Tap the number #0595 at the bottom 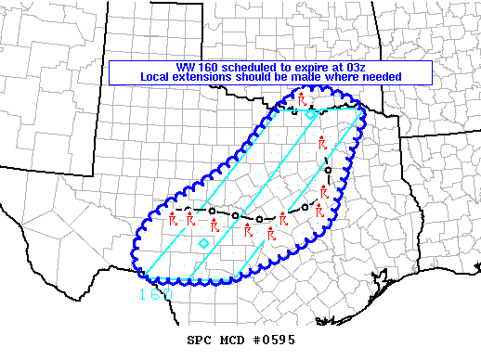coord(270,341)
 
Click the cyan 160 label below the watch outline coord(154,295)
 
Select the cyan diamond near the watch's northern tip coord(311,114)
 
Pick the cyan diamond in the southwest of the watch coord(203,243)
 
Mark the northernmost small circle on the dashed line coord(294,112)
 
